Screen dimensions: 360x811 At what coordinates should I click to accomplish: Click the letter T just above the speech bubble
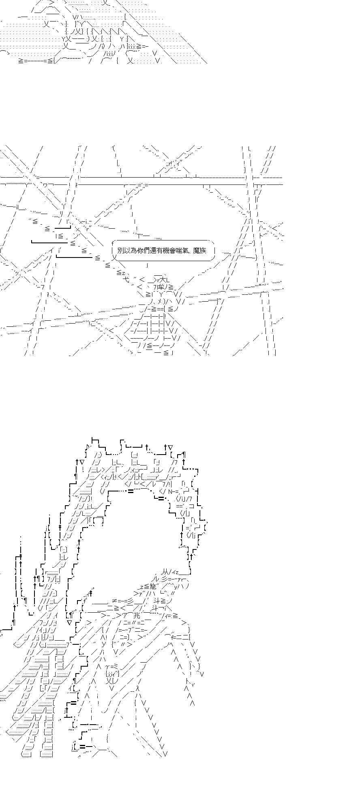coord(139,235)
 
